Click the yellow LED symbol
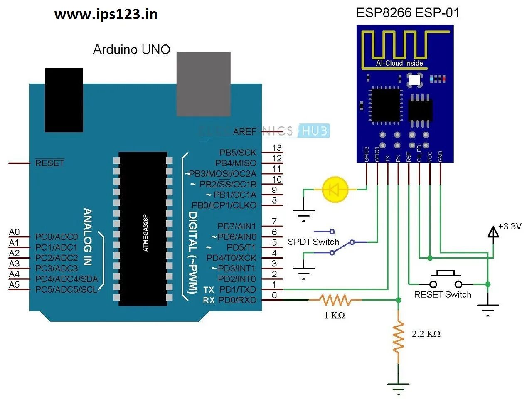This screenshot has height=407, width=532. (335, 190)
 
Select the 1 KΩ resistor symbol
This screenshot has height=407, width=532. (335, 300)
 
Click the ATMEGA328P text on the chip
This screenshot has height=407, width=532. (145, 233)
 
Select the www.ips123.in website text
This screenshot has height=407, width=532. (106, 15)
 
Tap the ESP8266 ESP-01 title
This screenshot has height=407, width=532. (408, 13)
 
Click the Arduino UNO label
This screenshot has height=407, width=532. (131, 49)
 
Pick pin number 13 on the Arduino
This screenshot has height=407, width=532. (277, 148)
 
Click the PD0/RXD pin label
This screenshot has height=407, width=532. (237, 300)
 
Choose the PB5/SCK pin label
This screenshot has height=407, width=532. (238, 153)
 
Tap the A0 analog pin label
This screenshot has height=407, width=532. (14, 232)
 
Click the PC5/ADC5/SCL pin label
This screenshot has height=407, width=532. (66, 289)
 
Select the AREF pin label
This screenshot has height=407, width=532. (245, 131)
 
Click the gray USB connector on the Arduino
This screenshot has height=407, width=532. (204, 84)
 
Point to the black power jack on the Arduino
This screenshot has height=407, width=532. (64, 100)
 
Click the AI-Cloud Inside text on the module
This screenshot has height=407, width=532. (399, 63)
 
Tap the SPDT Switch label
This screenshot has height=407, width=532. (313, 242)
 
